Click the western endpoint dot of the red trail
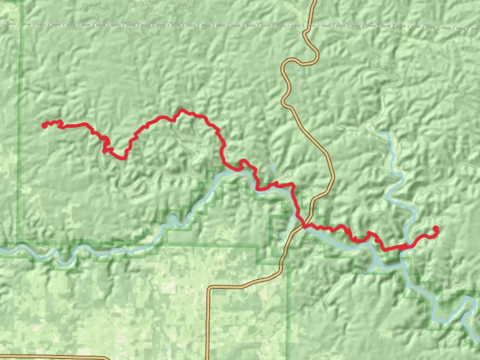(44, 125)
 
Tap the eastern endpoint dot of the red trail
(435, 229)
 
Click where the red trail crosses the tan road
(305, 226)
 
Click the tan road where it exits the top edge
(314, 1)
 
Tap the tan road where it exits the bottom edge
(208, 359)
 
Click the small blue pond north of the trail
(273, 167)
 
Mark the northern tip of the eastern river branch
(386, 133)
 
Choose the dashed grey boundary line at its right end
(479, 28)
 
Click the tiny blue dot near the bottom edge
(165, 351)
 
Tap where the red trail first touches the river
(237, 170)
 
